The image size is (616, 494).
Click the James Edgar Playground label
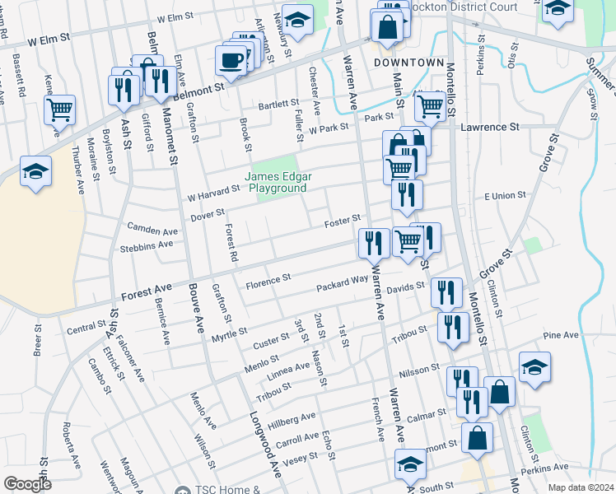275,182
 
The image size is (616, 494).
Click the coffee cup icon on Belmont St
231,60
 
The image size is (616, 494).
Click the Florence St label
268,279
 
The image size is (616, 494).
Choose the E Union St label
505,195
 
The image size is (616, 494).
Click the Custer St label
270,339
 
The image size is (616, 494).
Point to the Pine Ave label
561,336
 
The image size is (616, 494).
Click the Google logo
27,483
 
